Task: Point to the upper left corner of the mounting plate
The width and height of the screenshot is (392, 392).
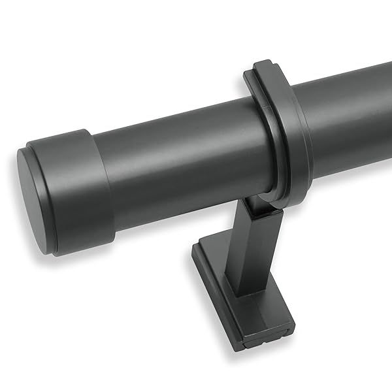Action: pyautogui.click(x=199, y=244)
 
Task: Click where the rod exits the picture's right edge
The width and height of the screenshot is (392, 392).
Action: pyautogui.click(x=388, y=111)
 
